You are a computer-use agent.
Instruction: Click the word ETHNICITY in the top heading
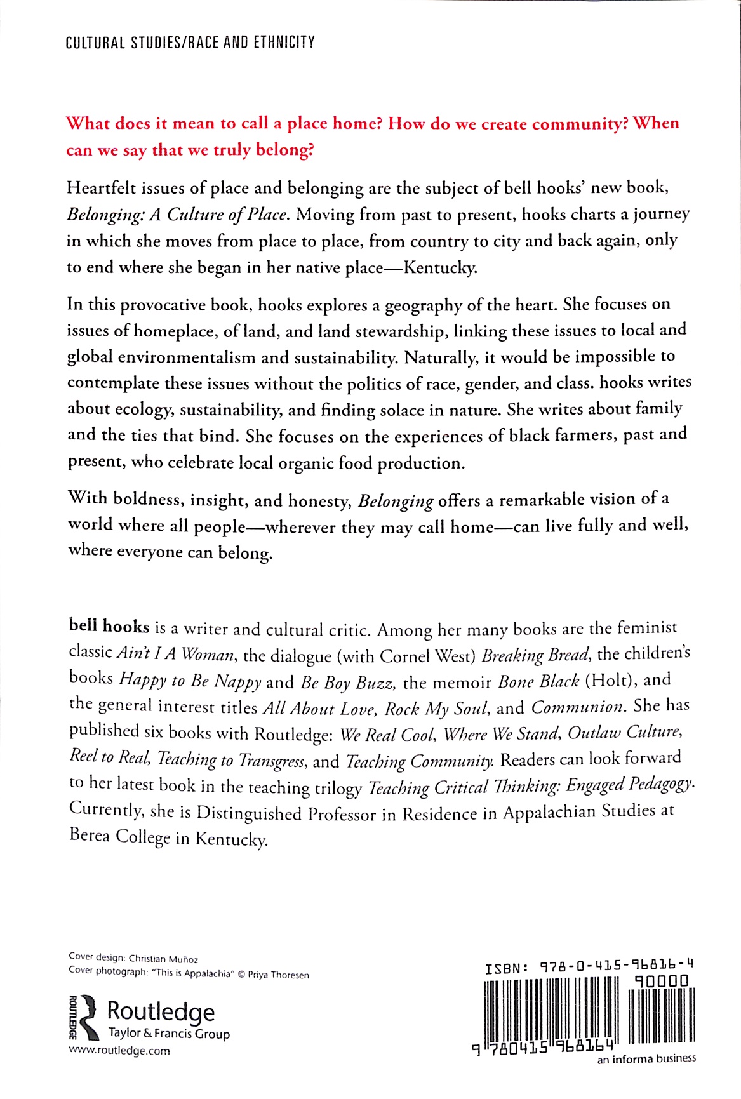point(284,43)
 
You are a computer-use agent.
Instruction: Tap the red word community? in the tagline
point(580,124)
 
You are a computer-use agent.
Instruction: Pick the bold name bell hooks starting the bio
point(109,626)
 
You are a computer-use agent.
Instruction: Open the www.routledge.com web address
point(119,1051)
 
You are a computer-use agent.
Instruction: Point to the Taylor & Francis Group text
point(169,1034)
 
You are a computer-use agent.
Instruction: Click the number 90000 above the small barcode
point(661,982)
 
